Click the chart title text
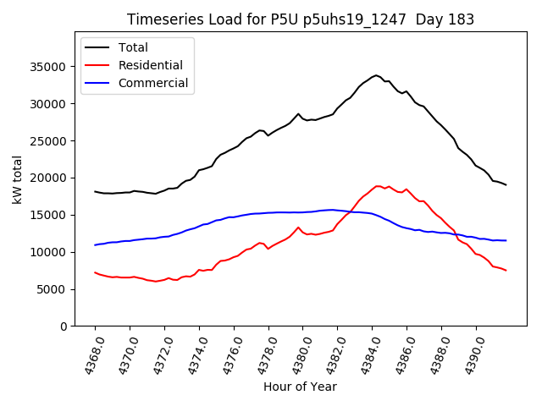click(x=301, y=19)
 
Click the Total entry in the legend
click(x=133, y=47)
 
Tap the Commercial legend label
click(x=153, y=83)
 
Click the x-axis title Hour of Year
click(x=300, y=387)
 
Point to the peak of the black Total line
click(x=376, y=75)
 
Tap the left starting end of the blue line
click(x=95, y=244)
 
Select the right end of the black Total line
click(x=506, y=184)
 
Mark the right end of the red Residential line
click(x=506, y=271)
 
